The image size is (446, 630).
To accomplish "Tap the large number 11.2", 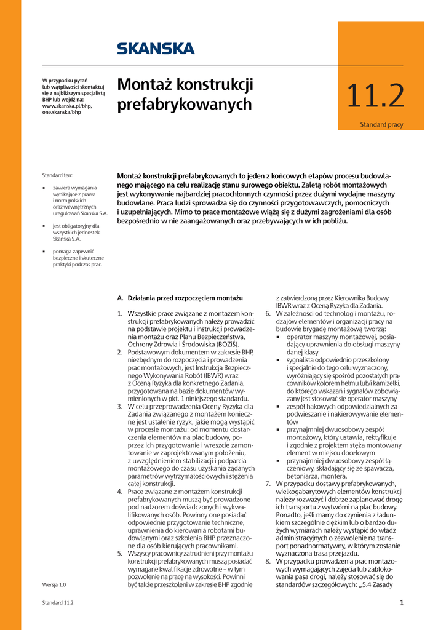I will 375,97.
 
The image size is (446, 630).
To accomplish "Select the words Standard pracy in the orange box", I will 381,125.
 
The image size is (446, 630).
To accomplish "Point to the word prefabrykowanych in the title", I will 185,105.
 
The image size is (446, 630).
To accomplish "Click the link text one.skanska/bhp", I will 62,113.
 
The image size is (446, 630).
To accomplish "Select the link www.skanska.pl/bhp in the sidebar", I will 66,106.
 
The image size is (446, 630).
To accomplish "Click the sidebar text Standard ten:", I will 57,175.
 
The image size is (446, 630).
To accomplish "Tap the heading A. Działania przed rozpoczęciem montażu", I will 180,298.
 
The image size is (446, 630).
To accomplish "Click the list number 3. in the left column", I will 120,407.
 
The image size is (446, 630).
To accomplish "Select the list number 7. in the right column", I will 268,484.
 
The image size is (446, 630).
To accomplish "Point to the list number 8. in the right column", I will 268,561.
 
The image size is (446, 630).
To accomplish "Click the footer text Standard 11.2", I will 58,603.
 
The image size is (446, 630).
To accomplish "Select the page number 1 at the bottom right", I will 401,602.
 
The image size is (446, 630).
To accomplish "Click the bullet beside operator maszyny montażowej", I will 278,337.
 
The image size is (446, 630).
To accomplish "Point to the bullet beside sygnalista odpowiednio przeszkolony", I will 278,360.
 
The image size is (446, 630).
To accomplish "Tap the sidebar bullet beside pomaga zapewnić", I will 44,252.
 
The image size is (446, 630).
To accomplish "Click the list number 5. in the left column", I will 120,554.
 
